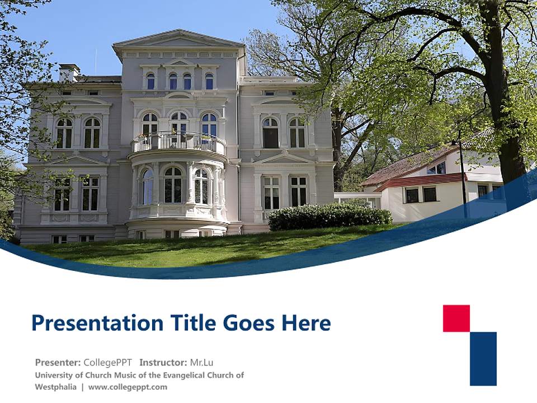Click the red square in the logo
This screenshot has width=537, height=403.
(456, 318)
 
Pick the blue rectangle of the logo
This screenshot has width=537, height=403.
(483, 358)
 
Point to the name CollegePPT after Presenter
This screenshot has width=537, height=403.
(107, 362)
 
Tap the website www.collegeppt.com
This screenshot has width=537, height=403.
(128, 387)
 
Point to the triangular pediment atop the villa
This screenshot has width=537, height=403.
(178, 40)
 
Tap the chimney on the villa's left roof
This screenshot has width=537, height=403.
(69, 72)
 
